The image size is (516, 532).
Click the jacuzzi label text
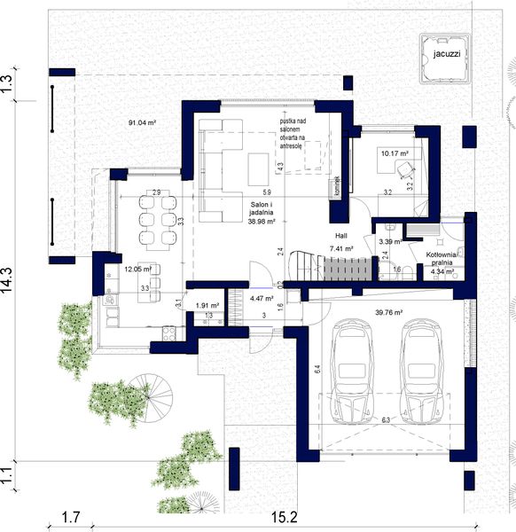coord(441,53)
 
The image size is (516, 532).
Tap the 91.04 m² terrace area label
coord(144,123)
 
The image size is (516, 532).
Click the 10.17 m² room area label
coord(394,153)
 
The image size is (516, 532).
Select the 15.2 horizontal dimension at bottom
coord(280,517)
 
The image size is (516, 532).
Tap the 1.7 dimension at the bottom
coord(74,517)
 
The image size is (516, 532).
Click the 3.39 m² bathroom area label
coord(389,240)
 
